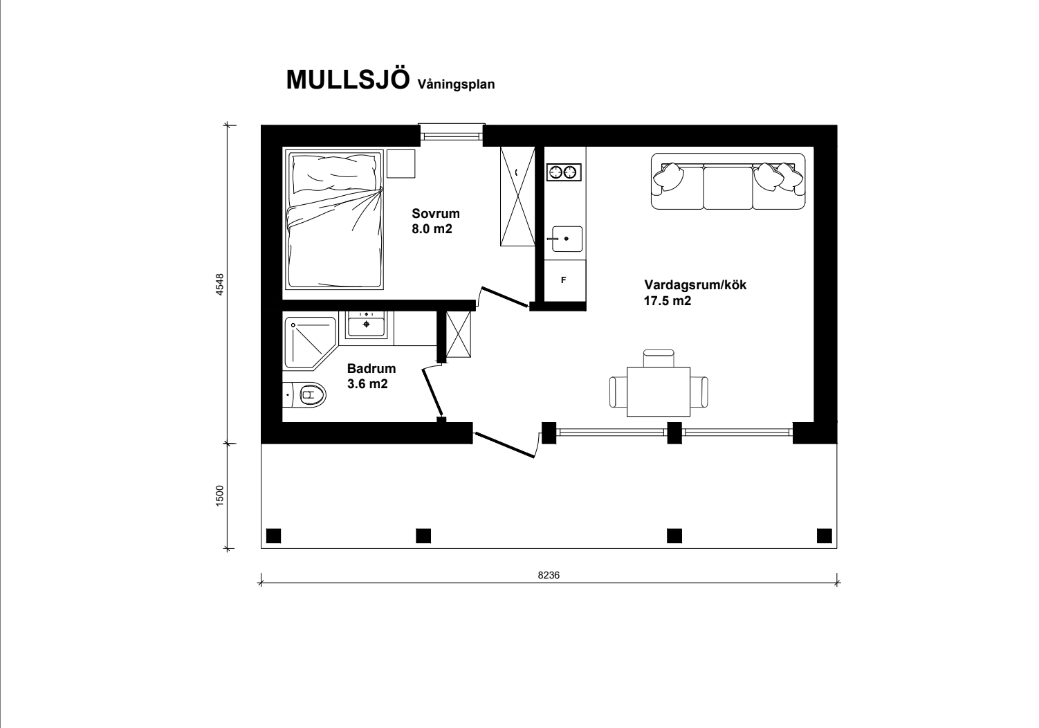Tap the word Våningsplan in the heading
tap(456, 84)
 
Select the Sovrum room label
tap(436, 213)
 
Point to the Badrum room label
tap(371, 368)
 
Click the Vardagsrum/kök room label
tap(695, 285)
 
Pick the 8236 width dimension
tap(549, 575)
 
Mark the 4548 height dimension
tap(220, 284)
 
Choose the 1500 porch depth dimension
tap(220, 495)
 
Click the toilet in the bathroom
tap(304, 395)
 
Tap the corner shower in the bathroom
tap(309, 343)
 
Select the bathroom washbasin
tap(367, 323)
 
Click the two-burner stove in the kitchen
tap(564, 172)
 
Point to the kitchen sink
tap(567, 239)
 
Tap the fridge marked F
tap(564, 280)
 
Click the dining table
tap(658, 392)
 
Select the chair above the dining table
tap(659, 358)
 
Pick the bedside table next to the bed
tap(401, 164)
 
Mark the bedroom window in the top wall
tap(451, 134)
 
